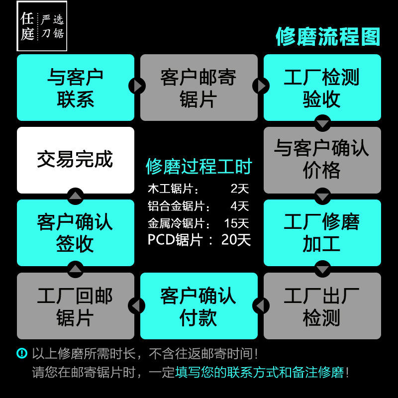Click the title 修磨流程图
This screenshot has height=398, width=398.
pos(328,37)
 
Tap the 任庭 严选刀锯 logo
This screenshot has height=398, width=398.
pos(42,26)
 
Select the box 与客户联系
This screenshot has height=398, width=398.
pos(76,88)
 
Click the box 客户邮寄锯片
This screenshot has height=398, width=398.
pos(199,88)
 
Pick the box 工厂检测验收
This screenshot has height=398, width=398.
pos(322,88)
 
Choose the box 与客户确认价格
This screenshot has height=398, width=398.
pos(322,160)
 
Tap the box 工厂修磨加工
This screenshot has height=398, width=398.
pos(322,233)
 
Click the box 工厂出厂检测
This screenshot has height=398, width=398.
pos(322,306)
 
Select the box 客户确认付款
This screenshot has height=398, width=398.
pos(199,306)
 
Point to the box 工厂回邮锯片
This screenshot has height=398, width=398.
pos(76,306)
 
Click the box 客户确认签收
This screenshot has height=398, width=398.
pos(76,233)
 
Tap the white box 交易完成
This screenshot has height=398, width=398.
pos(76,160)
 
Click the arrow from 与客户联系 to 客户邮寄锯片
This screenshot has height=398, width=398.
pos(137,86)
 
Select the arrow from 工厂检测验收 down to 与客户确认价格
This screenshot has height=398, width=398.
pos(322,123)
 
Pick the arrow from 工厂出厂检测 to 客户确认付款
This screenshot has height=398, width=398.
pos(260,305)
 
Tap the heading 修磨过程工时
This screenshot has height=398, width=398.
pos(199,167)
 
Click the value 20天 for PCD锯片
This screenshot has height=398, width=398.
pos(236,240)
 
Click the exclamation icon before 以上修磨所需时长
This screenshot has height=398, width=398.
pos(22,354)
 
